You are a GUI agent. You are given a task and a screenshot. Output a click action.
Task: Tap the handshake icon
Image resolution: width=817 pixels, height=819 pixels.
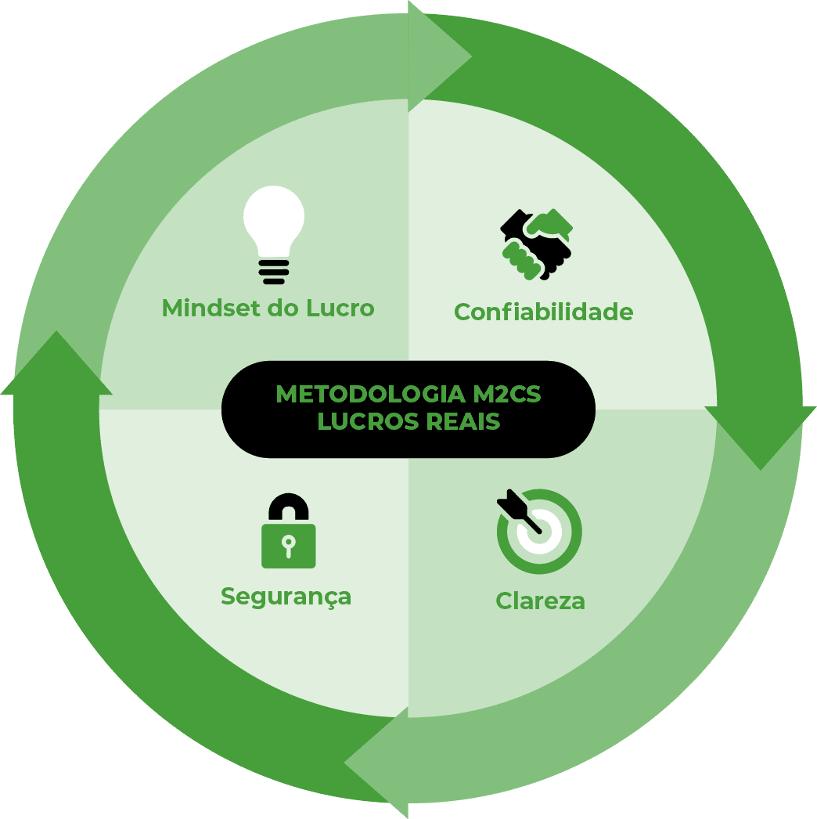click(537, 244)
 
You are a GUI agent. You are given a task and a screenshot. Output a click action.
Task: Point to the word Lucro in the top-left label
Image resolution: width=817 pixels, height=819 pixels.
click(342, 308)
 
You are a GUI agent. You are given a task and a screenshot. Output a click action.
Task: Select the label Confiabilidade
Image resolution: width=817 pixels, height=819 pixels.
click(543, 312)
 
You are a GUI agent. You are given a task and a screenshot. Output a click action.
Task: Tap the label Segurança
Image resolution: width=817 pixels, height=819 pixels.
click(286, 597)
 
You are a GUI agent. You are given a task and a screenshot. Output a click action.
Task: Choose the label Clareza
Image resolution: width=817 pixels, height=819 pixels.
click(540, 601)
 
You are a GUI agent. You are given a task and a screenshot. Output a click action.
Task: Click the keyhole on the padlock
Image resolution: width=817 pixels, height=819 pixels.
click(288, 544)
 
